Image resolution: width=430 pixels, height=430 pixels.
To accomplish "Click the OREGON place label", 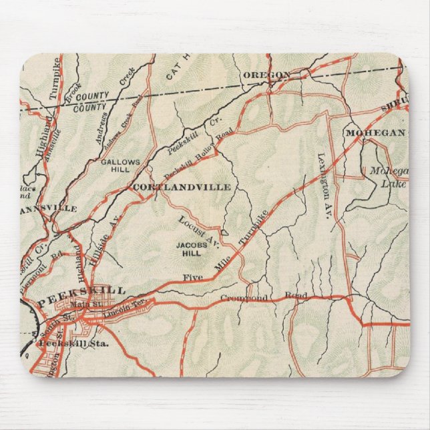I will click(x=267, y=74).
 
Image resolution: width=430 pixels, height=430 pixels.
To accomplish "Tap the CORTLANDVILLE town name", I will click(x=182, y=187).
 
